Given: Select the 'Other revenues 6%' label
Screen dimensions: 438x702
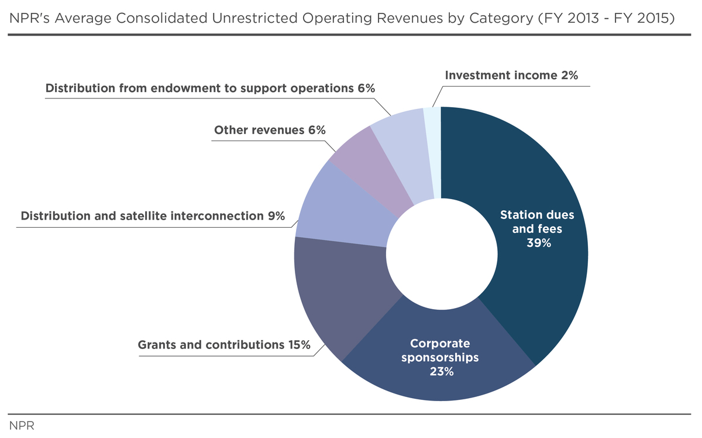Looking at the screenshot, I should pyautogui.click(x=270, y=130).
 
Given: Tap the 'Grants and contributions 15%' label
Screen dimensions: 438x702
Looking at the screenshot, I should pyautogui.click(x=224, y=345).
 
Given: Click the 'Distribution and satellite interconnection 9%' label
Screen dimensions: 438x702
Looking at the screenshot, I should pyautogui.click(x=153, y=216).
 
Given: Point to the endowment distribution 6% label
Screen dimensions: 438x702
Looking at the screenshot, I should pyautogui.click(x=210, y=88).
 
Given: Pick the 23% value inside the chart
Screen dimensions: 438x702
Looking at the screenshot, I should pyautogui.click(x=440, y=371).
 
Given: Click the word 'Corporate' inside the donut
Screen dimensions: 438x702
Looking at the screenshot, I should pyautogui.click(x=440, y=343).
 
